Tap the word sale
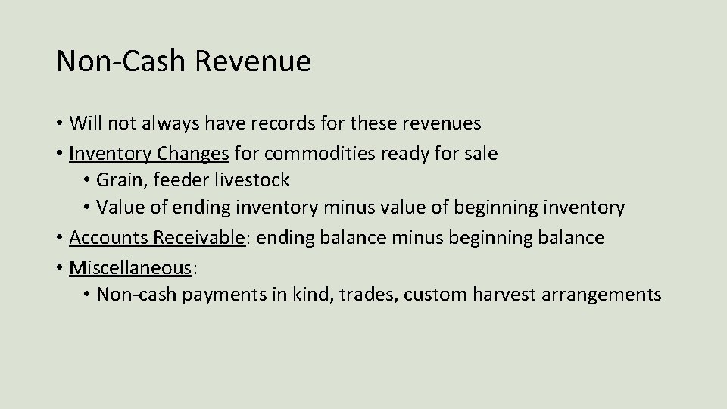click(479, 153)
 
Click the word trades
click(367, 294)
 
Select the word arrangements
click(610, 294)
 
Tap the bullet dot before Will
click(59, 123)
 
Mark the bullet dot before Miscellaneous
click(59, 267)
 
